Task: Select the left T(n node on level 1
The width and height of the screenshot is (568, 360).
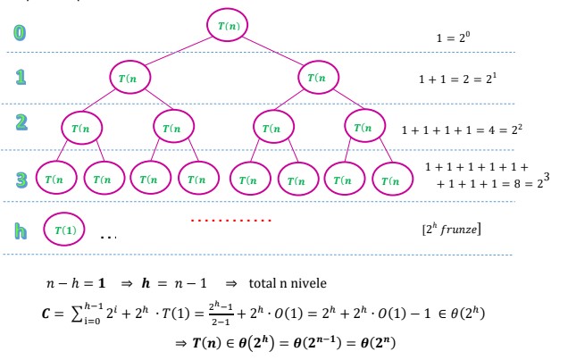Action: (x=132, y=78)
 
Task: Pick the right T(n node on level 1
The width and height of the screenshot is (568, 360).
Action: (x=319, y=78)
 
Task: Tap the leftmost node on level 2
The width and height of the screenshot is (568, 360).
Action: (x=82, y=128)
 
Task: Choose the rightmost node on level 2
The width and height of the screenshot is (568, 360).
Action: (x=365, y=128)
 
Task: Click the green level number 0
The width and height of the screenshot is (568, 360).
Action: (x=20, y=34)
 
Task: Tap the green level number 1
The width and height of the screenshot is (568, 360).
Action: (x=20, y=79)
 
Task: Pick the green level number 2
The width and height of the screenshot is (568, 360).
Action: (x=20, y=128)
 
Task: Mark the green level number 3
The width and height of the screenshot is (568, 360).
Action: (x=20, y=179)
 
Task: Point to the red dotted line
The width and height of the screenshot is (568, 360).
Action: (x=231, y=219)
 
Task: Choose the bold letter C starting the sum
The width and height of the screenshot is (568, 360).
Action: (x=53, y=312)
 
